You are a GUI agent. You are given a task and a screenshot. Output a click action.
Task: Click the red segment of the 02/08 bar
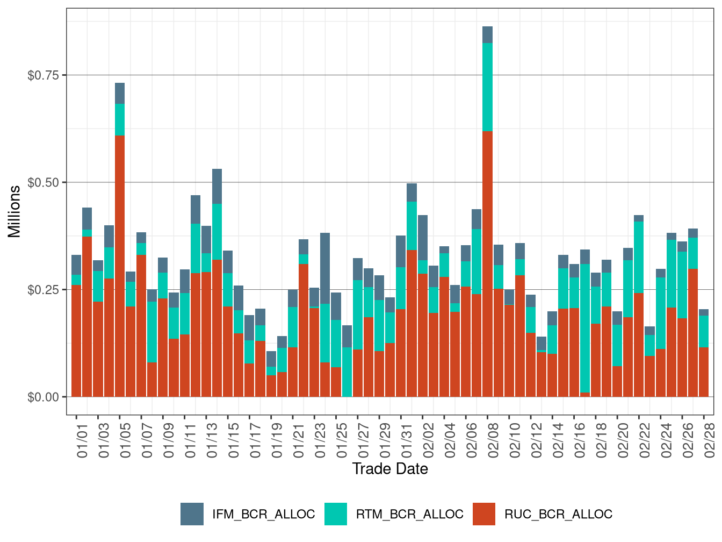tap(487, 263)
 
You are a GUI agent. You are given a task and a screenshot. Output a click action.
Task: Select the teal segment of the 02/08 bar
tap(487, 87)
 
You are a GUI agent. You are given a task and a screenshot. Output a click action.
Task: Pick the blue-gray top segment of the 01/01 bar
tap(76, 265)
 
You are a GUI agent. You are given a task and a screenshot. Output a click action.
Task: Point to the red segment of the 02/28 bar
tap(704, 372)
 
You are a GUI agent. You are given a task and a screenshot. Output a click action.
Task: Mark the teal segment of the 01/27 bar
tap(358, 315)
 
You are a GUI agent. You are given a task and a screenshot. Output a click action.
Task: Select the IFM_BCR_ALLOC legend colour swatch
tap(192, 514)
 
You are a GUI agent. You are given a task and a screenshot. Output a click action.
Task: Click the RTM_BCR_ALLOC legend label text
tap(409, 514)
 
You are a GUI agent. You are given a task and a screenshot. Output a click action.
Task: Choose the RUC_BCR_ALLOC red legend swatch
tap(484, 514)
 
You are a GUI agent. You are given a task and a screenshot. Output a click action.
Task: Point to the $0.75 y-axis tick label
tap(43, 75)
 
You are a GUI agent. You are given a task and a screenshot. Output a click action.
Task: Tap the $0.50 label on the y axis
tap(43, 182)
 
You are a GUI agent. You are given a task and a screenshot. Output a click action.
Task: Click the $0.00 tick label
tap(43, 397)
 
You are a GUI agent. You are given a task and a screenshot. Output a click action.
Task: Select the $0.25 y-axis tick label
tap(43, 290)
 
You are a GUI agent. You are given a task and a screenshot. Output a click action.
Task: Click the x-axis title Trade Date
tap(390, 469)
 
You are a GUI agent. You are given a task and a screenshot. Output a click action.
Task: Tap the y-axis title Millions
tap(15, 211)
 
